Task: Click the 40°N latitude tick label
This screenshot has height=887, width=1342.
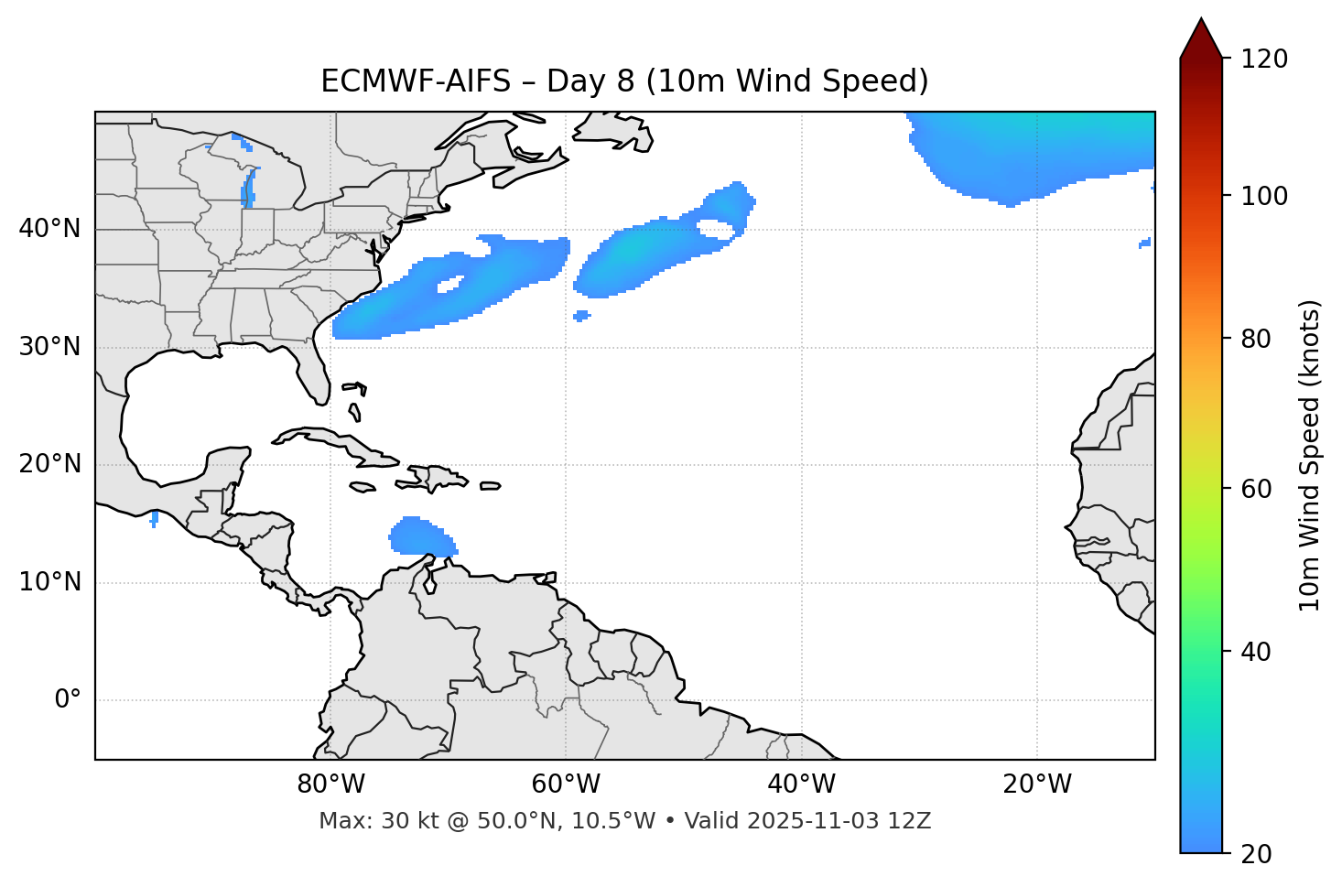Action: [49, 229]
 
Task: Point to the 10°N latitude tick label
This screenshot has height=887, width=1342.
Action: [49, 582]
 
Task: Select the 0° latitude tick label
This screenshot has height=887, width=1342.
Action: [68, 700]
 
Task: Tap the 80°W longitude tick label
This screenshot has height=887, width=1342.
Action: [330, 784]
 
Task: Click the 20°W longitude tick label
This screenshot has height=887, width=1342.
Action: [1037, 784]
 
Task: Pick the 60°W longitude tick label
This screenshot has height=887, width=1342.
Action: [566, 784]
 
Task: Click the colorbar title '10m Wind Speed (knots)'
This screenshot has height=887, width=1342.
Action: [1310, 455]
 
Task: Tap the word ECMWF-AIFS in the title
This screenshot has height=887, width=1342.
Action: [416, 81]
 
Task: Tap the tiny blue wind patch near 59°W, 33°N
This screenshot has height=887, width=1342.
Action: [581, 316]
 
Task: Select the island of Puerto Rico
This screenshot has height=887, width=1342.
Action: [490, 486]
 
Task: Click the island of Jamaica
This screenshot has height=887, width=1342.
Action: [363, 487]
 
